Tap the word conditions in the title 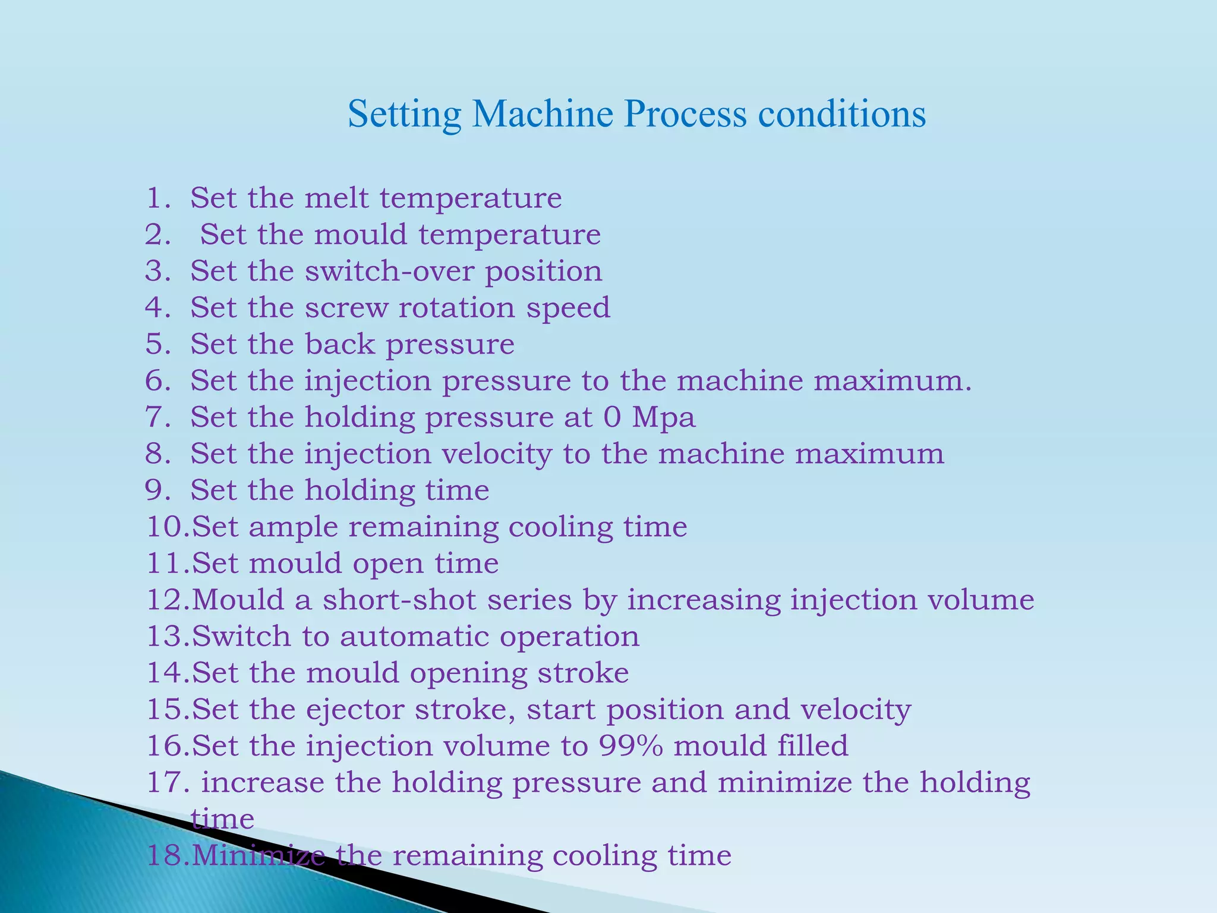842,114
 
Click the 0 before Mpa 611,417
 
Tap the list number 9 157,490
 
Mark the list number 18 168,856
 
